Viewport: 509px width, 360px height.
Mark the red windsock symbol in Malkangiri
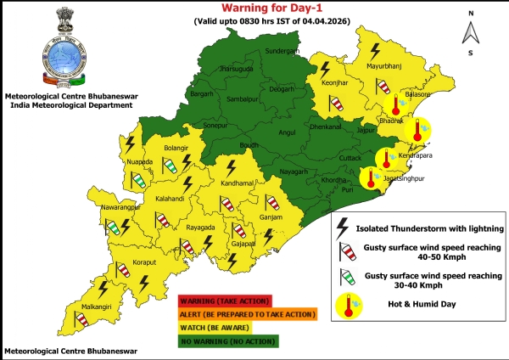click(x=81, y=319)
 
